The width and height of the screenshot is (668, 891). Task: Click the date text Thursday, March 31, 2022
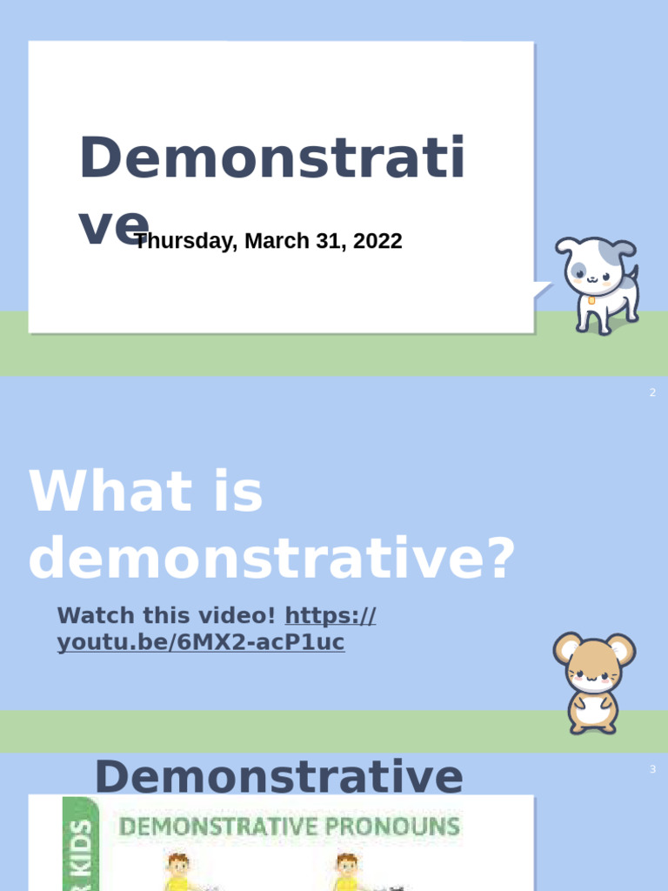pos(268,241)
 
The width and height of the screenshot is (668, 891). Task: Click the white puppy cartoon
pos(599,283)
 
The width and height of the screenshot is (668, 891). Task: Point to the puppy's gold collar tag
pos(591,300)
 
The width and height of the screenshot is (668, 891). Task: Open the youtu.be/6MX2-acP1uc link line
pos(201,643)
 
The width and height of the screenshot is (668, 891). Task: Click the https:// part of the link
pos(331,616)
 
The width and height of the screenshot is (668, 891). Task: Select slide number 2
pos(652,393)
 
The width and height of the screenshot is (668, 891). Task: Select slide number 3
pos(652,769)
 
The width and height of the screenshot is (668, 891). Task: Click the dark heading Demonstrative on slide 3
pos(278,776)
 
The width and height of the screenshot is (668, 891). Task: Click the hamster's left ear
pos(566,646)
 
